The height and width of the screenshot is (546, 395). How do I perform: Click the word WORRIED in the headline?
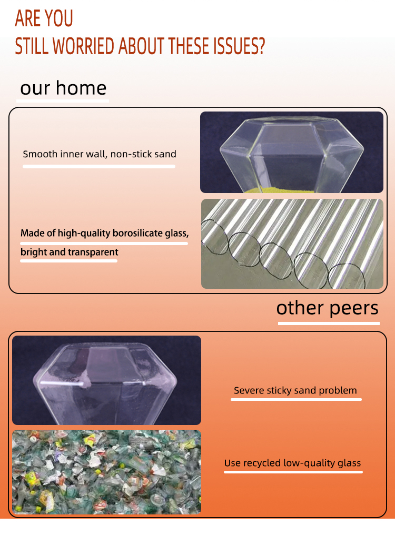83,46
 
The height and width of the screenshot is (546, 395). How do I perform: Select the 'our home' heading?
63,88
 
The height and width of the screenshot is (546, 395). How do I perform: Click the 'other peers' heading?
328,308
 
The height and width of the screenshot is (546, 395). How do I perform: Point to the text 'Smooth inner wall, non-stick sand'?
100,154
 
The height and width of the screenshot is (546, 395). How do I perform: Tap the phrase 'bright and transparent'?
70,252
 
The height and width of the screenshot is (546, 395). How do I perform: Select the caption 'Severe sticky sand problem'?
295,390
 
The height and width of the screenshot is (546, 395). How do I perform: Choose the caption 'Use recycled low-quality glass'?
292,463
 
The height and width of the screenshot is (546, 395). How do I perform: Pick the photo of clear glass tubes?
292,244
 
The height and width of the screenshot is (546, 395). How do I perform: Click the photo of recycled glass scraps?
107,472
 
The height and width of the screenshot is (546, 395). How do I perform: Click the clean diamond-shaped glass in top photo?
291,154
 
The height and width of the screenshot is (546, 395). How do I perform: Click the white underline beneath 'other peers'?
329,324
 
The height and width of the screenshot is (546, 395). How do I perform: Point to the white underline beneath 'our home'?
63,101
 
